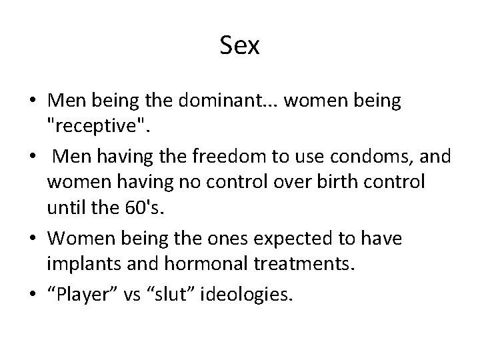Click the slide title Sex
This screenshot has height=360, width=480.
(x=239, y=46)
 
